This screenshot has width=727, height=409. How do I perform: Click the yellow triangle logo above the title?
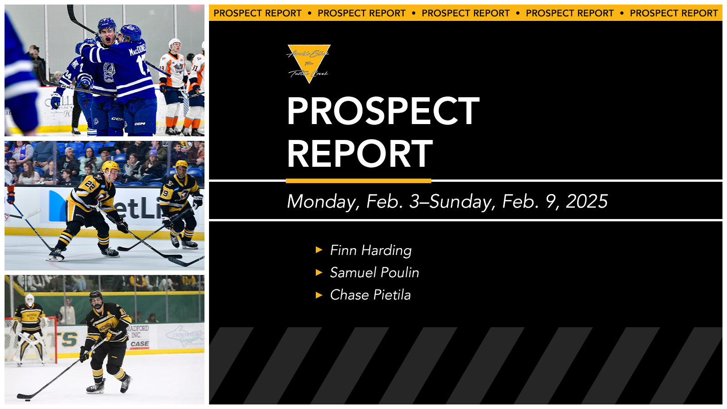click(309, 61)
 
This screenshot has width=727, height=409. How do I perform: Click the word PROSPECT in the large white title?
click(383, 111)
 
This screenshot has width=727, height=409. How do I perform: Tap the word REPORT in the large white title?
click(359, 154)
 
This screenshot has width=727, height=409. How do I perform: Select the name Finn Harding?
click(370, 250)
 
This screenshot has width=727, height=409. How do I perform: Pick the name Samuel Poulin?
click(374, 273)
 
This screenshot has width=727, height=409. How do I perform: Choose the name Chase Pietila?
click(370, 295)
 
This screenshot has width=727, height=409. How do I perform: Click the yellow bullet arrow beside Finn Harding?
click(319, 250)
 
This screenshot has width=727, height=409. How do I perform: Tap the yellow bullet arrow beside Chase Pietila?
click(319, 295)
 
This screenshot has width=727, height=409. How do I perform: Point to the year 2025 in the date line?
click(587, 201)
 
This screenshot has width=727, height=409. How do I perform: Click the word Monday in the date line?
click(321, 201)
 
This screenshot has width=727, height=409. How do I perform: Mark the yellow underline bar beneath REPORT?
click(358, 181)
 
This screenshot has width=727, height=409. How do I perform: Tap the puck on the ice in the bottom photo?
click(27, 400)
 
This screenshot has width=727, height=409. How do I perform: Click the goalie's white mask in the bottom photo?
click(30, 300)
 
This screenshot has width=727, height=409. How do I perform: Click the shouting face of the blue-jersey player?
click(107, 36)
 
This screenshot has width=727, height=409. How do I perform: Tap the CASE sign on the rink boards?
click(139, 344)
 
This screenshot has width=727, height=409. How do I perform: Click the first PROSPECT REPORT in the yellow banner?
click(257, 13)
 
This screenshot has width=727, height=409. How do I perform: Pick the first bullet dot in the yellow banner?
click(309, 13)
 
